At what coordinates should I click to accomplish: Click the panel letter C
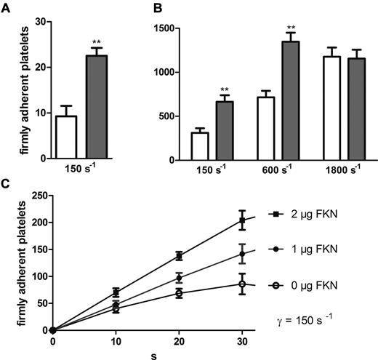pyautogui.click(x=6, y=185)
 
